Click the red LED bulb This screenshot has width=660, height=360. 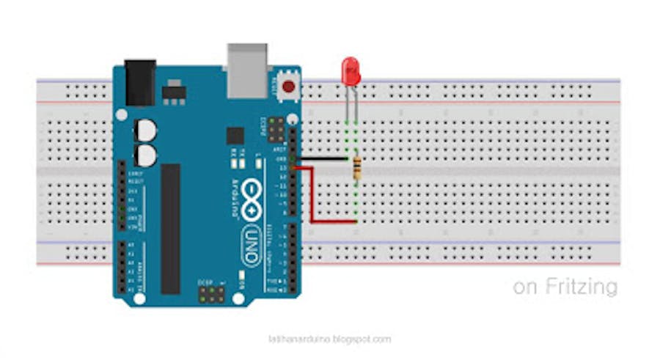click(351, 71)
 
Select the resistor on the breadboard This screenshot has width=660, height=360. click(356, 169)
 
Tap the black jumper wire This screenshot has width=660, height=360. click(323, 158)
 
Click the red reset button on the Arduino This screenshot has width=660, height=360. click(289, 87)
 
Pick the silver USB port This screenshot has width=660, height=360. click(247, 70)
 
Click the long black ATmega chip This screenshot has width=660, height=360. click(170, 228)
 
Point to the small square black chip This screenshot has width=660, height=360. click(235, 135)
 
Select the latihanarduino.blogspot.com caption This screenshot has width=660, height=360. click(330, 339)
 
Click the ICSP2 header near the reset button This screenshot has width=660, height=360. click(276, 131)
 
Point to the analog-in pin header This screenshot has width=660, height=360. click(121, 268)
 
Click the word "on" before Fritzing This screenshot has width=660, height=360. click(525, 287)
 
